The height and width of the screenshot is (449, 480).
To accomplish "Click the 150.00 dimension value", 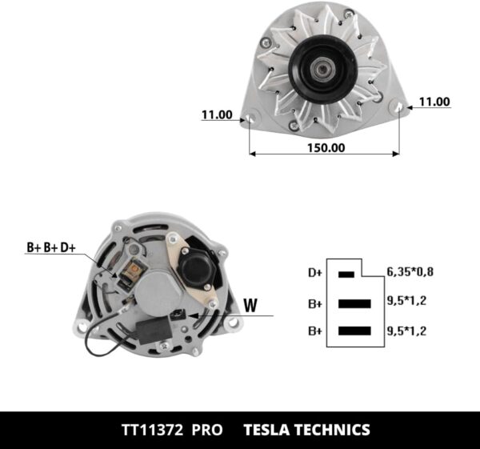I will [x=326, y=147].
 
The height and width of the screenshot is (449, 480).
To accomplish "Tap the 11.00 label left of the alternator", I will [x=216, y=115].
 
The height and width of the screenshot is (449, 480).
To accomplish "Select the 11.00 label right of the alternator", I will [x=434, y=102].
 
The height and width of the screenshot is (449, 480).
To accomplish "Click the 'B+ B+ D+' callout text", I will [x=50, y=248].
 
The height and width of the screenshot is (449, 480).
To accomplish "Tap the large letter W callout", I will [x=250, y=304].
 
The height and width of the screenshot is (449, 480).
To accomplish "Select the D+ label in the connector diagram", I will [x=315, y=273].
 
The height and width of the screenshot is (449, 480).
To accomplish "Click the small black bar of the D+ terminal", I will [x=346, y=274].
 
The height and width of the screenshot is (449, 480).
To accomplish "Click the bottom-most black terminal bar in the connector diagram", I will [x=354, y=331].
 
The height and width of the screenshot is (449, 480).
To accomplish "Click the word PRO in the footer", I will [x=206, y=429].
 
